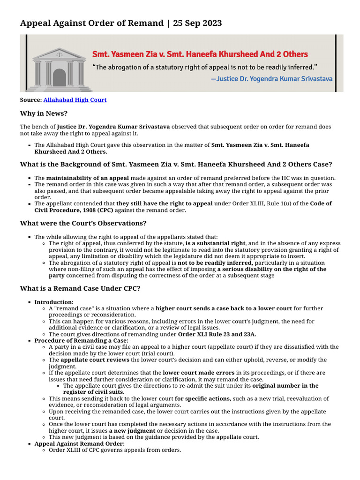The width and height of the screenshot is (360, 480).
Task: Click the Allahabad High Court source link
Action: [75, 100]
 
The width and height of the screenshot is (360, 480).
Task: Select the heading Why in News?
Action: [44, 113]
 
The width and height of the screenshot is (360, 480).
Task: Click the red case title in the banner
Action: [200, 54]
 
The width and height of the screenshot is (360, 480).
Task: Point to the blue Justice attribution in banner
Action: [271, 78]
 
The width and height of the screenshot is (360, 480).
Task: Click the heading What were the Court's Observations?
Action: [83, 223]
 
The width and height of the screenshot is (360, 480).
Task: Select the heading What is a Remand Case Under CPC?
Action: [80, 288]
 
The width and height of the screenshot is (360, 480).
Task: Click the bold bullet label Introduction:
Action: [54, 302]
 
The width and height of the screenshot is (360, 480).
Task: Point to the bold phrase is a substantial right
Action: [215, 244]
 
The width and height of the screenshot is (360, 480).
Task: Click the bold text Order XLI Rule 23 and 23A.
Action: [217, 334]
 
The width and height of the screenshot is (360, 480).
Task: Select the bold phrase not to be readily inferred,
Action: [215, 263]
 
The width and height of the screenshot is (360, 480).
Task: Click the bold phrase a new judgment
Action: [132, 430]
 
